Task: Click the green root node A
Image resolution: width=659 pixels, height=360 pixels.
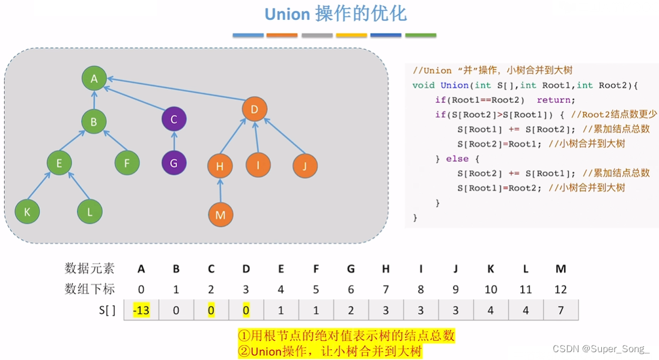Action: click(94, 78)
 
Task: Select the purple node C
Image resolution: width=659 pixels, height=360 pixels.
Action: click(174, 119)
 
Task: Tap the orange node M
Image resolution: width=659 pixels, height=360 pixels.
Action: click(220, 215)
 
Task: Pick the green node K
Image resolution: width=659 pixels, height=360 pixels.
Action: click(27, 211)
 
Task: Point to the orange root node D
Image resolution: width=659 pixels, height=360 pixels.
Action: click(255, 109)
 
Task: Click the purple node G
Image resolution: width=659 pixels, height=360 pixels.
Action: click(174, 163)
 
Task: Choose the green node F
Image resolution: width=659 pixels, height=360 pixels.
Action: click(127, 162)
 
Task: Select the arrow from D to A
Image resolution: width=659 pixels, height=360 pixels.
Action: click(174, 93)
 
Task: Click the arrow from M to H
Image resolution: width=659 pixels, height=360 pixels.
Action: click(220, 191)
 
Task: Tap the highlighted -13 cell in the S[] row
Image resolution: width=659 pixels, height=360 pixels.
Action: click(141, 311)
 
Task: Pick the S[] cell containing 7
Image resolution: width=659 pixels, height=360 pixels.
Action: click(560, 311)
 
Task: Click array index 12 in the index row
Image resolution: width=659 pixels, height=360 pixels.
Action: click(560, 290)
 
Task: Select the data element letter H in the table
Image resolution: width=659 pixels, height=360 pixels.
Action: click(386, 269)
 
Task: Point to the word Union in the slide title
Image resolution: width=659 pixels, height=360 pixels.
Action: click(287, 14)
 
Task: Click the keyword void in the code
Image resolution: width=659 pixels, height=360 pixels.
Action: click(424, 85)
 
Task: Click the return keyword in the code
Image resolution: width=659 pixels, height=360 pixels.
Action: click(556, 100)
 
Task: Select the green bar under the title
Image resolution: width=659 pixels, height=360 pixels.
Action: click(421, 35)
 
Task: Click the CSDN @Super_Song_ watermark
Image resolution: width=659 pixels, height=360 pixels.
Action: click(601, 349)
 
